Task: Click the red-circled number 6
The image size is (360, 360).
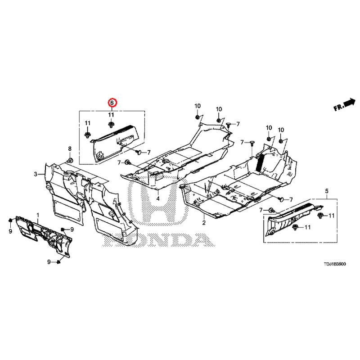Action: [112, 103]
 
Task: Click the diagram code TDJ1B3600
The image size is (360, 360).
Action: [334, 264]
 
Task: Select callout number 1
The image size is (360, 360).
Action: [38, 215]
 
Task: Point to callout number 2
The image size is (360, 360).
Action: [204, 222]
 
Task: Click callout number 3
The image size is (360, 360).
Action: [36, 174]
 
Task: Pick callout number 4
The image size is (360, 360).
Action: [158, 198]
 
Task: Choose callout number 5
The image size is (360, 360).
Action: [327, 191]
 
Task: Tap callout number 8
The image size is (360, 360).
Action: [70, 148]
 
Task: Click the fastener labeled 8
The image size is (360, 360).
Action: [70, 160]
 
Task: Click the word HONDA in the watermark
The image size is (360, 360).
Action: [158, 239]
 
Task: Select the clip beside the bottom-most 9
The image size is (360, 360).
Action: [58, 262]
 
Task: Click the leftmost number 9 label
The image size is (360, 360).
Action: [10, 231]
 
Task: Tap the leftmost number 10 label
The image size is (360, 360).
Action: [198, 106]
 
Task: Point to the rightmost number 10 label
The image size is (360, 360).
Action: [281, 130]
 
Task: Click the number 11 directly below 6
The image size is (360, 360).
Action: [111, 114]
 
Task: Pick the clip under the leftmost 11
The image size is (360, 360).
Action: [87, 135]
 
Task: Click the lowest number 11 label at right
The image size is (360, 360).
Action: [307, 227]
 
